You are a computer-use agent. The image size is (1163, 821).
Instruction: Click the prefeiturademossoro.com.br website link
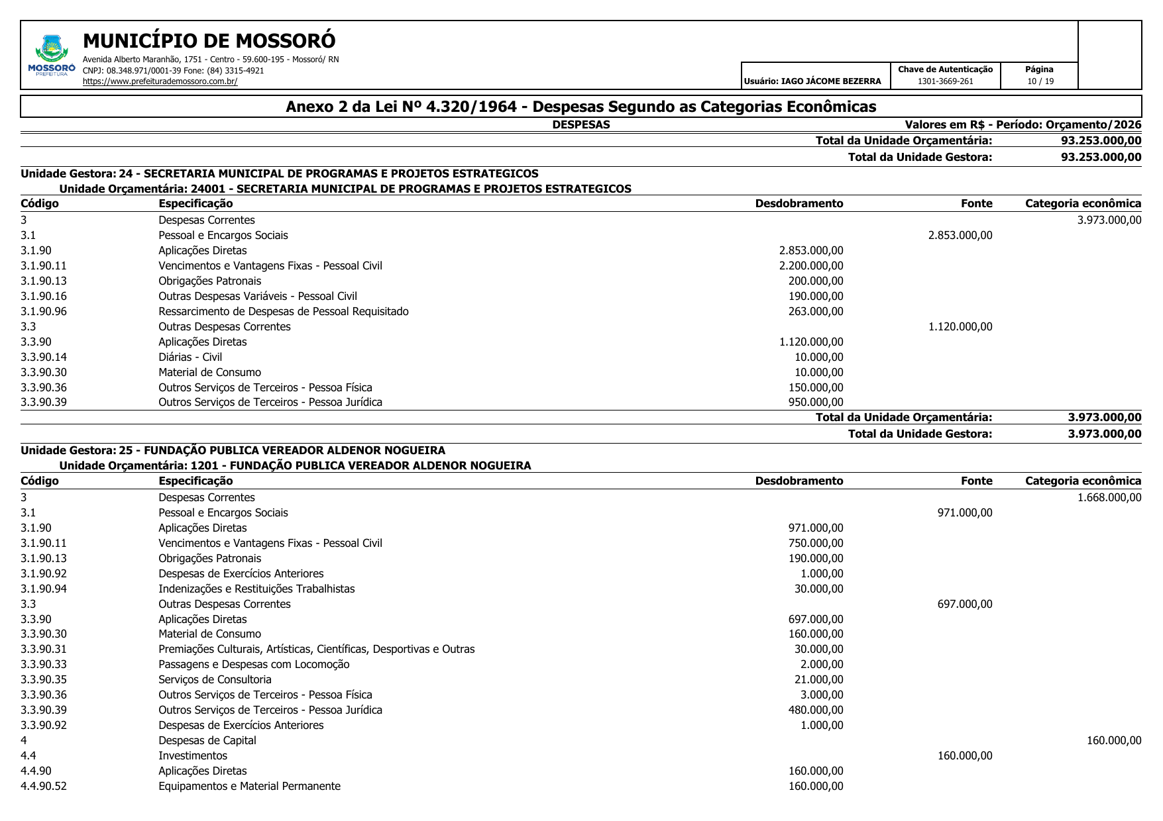pos(160,81)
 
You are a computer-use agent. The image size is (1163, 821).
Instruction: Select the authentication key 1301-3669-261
pos(945,81)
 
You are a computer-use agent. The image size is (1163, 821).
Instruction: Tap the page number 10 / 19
pos(1040,81)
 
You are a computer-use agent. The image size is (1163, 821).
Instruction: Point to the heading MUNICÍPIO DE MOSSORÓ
pos(209,41)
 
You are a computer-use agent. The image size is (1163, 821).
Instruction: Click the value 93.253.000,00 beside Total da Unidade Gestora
pos(1101,157)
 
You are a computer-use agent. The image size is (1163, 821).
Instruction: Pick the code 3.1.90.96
pos(44,311)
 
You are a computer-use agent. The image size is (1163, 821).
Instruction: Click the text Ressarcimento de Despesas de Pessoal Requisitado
pos(283,311)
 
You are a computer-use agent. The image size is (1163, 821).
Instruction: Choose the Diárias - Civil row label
pos(190,357)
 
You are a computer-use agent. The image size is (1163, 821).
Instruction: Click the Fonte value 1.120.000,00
pos(960,326)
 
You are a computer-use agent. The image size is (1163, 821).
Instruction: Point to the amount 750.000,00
pos(816,543)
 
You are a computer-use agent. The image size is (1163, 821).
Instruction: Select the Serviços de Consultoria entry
pos(215,679)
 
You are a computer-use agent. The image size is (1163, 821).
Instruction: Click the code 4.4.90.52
pos(44,786)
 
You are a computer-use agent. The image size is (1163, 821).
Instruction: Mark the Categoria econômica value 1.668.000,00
pos(1109,497)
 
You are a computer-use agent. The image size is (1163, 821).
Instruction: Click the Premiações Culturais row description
pos(316,649)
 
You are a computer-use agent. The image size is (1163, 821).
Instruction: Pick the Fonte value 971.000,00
pos(965,512)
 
